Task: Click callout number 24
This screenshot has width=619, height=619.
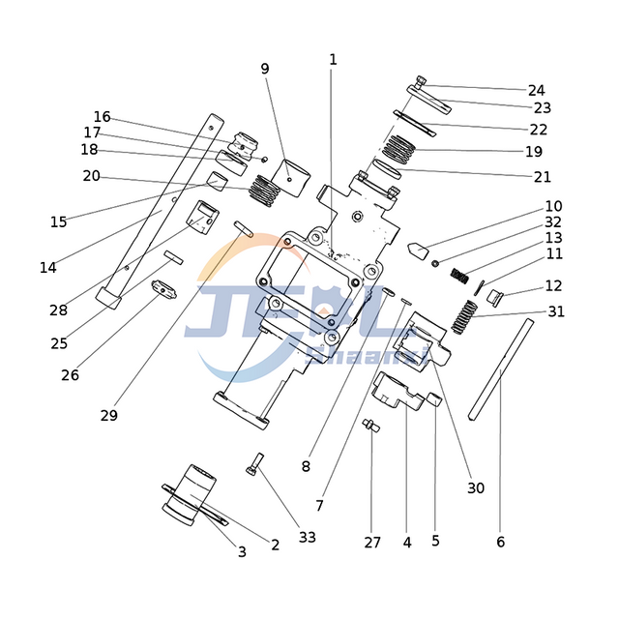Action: click(x=536, y=90)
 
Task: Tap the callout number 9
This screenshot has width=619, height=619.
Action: click(x=265, y=68)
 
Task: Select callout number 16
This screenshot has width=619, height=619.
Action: click(x=102, y=117)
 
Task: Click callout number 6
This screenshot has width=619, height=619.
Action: click(x=500, y=542)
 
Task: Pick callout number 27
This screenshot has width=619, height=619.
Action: click(x=372, y=543)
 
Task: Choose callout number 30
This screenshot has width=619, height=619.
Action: click(x=475, y=488)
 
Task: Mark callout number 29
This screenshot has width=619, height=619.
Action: click(x=108, y=415)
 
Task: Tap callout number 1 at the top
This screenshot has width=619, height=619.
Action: click(x=333, y=59)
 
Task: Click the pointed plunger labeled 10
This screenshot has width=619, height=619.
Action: click(x=417, y=249)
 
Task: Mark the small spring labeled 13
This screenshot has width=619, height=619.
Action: click(x=462, y=276)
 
